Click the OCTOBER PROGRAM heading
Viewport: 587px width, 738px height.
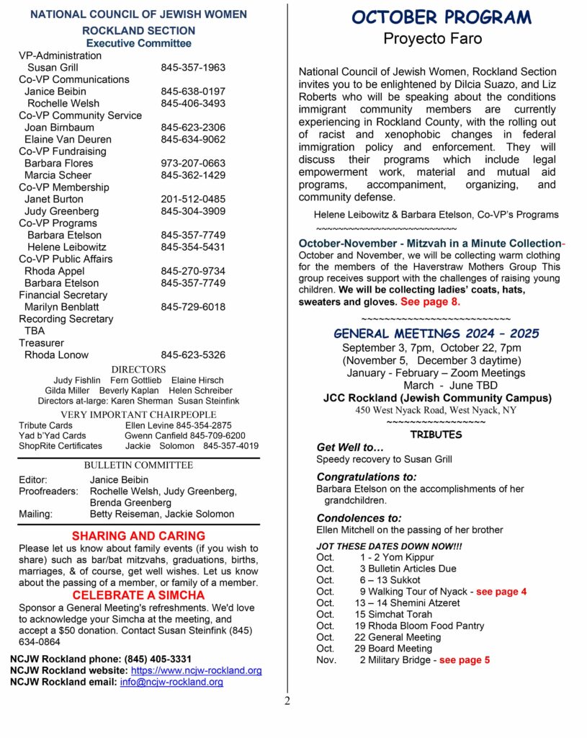(442, 17)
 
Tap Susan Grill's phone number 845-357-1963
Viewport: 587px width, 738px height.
(193, 68)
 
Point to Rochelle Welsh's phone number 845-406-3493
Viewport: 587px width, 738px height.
(193, 103)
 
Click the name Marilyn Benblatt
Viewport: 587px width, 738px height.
(62, 307)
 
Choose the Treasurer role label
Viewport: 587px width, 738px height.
(41, 343)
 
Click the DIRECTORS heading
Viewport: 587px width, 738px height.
(139, 369)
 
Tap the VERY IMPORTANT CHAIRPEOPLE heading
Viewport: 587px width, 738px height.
(138, 414)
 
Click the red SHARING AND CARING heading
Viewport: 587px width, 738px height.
(138, 536)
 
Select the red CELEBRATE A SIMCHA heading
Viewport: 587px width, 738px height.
(138, 595)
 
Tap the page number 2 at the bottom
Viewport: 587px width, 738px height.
(287, 701)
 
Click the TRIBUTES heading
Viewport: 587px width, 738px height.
(436, 435)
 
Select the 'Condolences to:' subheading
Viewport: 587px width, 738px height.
(359, 517)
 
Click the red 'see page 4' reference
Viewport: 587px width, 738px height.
(501, 592)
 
